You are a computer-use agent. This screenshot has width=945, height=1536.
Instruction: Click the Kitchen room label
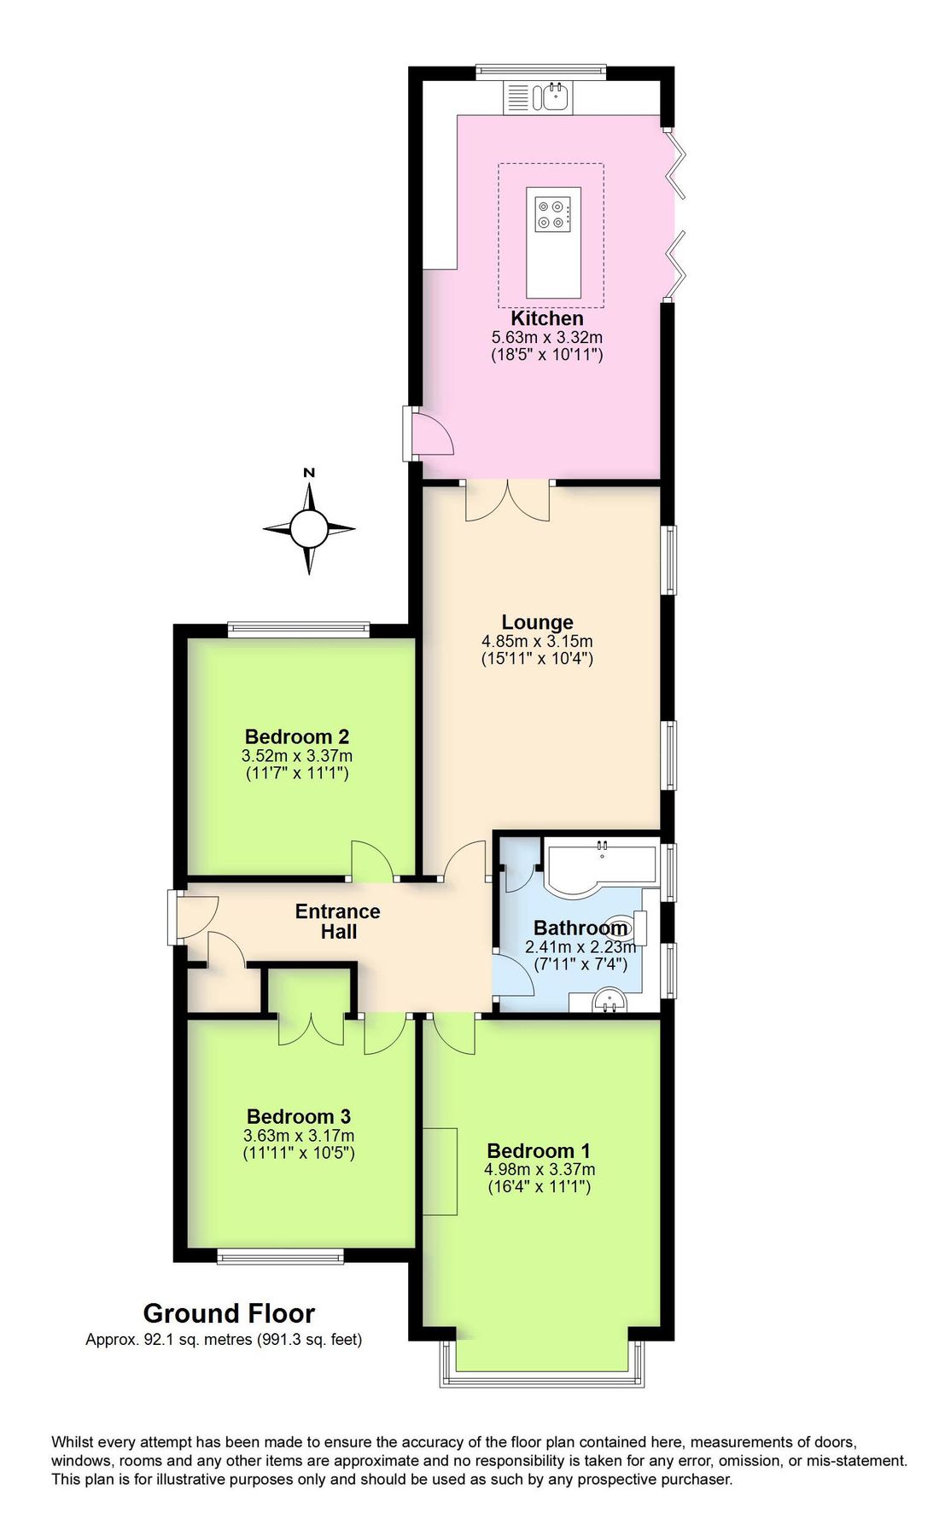point(546,318)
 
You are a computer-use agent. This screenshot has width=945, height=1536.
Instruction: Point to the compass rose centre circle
point(308,529)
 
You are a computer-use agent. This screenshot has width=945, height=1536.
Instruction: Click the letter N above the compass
point(309,473)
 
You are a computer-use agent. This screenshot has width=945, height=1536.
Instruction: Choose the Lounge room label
point(537,622)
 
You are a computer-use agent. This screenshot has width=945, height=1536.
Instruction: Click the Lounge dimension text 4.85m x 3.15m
point(537,641)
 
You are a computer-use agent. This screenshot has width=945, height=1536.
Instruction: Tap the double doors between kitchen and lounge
point(507,501)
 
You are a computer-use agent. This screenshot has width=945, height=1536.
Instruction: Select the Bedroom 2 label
point(296,736)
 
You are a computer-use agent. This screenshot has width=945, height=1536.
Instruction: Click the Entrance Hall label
point(338,922)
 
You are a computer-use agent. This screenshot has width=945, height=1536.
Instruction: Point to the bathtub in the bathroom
point(600,865)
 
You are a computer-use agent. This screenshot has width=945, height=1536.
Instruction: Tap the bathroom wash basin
point(610,1000)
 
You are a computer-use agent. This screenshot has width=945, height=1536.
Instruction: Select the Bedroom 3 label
point(299,1116)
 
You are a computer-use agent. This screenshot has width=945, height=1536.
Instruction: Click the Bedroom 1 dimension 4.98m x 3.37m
point(540,1170)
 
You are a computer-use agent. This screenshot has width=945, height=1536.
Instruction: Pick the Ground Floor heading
point(229,1313)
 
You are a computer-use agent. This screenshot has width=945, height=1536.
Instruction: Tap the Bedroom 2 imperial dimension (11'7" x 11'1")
point(297,774)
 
